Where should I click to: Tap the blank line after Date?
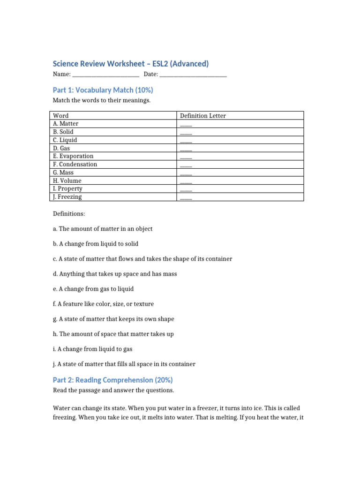tap(193, 75)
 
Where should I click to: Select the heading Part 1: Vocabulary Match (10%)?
tap(103, 90)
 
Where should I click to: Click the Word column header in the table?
tap(60, 116)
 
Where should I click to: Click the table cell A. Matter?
tap(66, 124)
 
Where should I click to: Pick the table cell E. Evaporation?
tap(73, 156)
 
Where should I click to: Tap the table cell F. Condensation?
tap(75, 165)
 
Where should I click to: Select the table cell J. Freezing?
tap(67, 197)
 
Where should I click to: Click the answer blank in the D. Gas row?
tap(186, 149)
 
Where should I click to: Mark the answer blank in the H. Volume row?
tap(186, 181)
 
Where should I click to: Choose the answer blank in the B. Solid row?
tap(186, 132)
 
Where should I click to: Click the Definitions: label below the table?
tap(69, 214)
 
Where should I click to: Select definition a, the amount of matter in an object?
tap(103, 229)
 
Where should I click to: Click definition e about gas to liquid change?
tap(96, 289)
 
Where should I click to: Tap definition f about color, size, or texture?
tap(103, 304)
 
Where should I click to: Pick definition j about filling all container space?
tap(124, 364)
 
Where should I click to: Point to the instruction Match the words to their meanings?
tap(102, 101)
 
